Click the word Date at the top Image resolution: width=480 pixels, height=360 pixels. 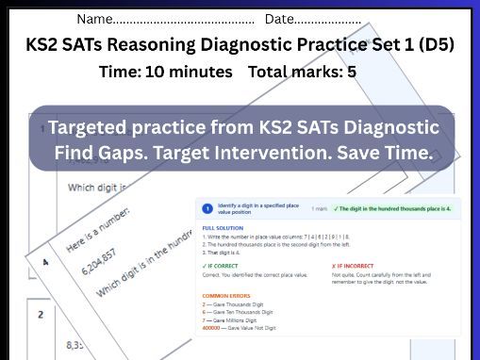(279, 19)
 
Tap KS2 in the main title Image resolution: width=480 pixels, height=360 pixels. (44, 45)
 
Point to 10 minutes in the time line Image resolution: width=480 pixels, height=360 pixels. (189, 72)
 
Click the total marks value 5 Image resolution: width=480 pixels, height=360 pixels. (351, 72)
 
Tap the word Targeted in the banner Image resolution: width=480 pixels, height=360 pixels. (94, 127)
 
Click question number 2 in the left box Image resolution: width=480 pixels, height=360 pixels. (41, 315)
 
